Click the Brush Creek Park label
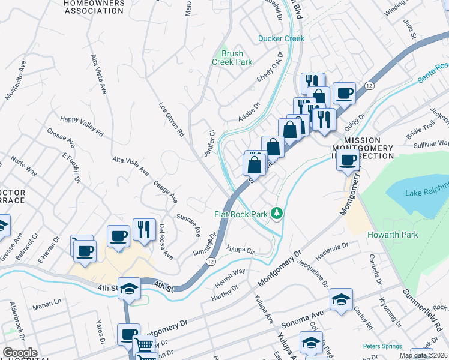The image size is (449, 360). pyautogui.click(x=232, y=57)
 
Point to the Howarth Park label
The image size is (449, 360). pyautogui.click(x=392, y=235)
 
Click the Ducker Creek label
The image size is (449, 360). pyautogui.click(x=281, y=38)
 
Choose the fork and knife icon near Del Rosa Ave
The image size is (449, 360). pyautogui.click(x=144, y=230)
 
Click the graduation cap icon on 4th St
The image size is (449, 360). pyautogui.click(x=128, y=289)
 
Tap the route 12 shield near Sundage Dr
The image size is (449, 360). pyautogui.click(x=211, y=262)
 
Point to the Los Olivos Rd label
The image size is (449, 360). pyautogui.click(x=170, y=116)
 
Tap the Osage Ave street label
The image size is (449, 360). pyautogui.click(x=166, y=190)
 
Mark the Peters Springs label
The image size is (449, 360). pyautogui.click(x=382, y=346)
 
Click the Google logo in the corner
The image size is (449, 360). pyautogui.click(x=20, y=353)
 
